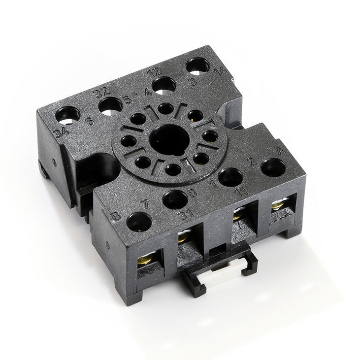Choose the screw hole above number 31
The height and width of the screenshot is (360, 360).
pos(175,199)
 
